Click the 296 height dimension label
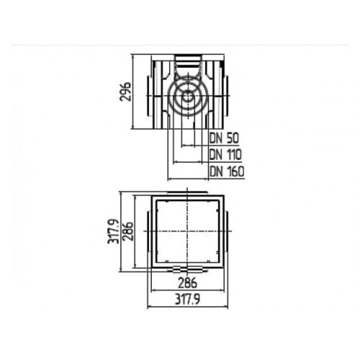[x=125, y=91]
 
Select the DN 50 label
[x=224, y=138]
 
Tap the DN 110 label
[x=225, y=154]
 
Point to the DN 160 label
[x=227, y=171]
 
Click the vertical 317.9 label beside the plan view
[x=113, y=231]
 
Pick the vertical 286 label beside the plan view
[x=127, y=232]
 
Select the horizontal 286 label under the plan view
[x=187, y=283]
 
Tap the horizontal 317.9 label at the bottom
[x=187, y=299]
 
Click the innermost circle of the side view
[x=188, y=96]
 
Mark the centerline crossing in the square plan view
[x=187, y=231]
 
